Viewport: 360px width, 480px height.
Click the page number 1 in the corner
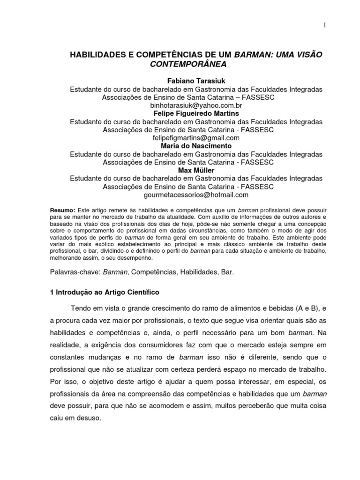324,26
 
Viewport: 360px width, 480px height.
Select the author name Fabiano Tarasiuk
196,81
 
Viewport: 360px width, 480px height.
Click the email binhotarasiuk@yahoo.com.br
196,105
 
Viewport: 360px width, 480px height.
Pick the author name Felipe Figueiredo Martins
196,113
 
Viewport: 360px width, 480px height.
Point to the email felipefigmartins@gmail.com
196,138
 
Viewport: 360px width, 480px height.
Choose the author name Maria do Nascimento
196,146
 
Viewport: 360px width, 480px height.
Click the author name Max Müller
196,171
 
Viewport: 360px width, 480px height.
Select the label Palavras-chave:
75,272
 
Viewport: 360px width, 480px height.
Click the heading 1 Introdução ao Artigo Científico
105,292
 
